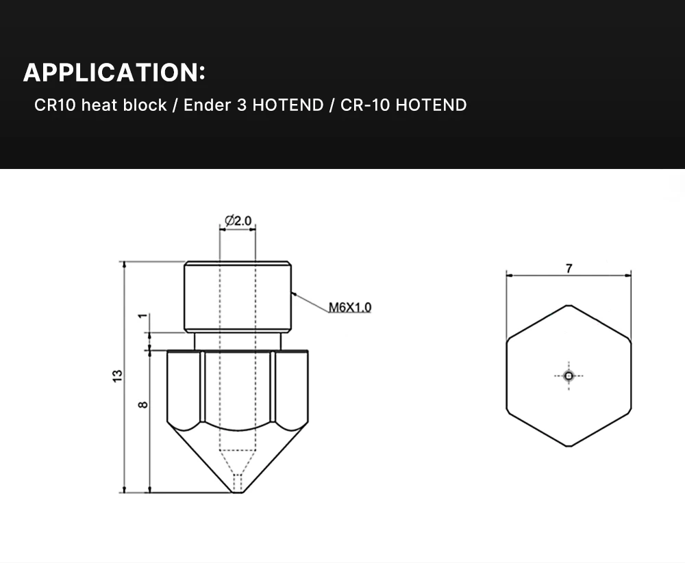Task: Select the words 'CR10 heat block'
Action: [101, 105]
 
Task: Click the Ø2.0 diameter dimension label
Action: [238, 221]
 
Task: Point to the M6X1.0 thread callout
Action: [350, 307]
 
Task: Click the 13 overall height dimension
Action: [118, 376]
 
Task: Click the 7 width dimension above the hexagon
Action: [569, 268]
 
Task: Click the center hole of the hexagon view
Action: [569, 375]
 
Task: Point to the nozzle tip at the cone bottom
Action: [237, 488]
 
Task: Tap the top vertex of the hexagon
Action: [569, 305]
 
